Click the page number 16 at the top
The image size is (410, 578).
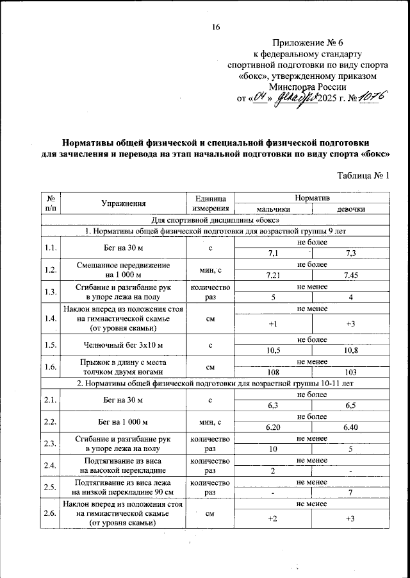click(x=216, y=26)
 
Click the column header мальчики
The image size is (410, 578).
click(x=274, y=209)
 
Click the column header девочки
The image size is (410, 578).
click(x=351, y=209)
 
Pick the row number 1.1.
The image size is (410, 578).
click(x=50, y=248)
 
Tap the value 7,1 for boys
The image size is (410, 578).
click(x=273, y=253)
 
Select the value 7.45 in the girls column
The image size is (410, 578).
click(x=350, y=275)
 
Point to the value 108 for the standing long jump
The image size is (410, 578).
click(x=273, y=372)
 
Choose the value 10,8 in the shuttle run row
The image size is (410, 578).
click(x=350, y=351)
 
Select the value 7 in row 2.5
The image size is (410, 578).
click(x=350, y=493)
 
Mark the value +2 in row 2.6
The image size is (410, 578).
click(x=273, y=518)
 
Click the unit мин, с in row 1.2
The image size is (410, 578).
click(x=210, y=270)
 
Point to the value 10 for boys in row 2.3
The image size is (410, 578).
click(x=273, y=449)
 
